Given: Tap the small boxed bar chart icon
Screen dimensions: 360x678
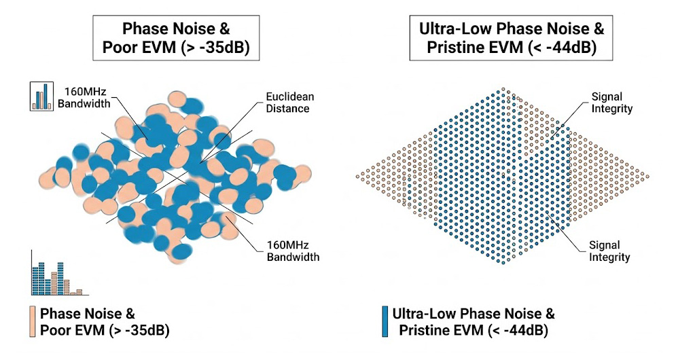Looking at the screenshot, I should [42, 96].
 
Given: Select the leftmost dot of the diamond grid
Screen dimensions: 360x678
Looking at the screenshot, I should [358, 177].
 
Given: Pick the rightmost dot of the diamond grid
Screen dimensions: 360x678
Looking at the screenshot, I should [648, 177].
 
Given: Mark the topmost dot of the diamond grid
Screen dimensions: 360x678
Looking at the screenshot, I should [503, 89].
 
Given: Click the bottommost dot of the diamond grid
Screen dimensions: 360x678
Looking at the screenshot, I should [503, 264].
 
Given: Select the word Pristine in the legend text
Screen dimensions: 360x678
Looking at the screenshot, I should [425, 331].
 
